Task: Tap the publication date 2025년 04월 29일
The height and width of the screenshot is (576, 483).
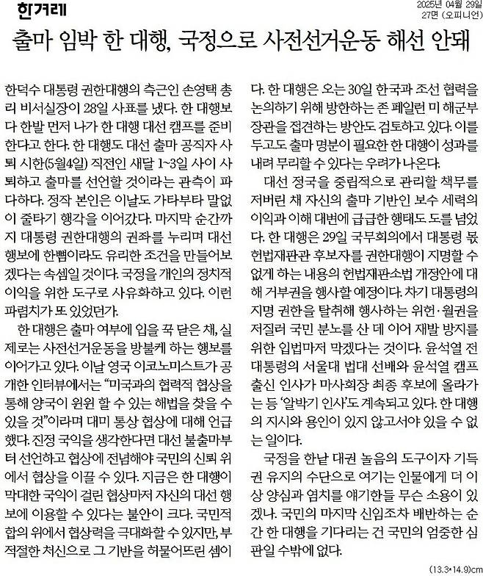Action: [437, 7]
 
